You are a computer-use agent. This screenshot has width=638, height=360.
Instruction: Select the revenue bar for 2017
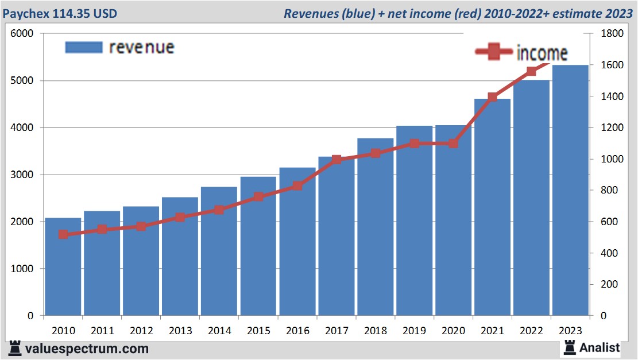(x=336, y=241)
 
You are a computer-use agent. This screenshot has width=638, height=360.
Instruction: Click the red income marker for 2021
(x=492, y=97)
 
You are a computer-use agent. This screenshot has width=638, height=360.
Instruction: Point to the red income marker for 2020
(x=453, y=144)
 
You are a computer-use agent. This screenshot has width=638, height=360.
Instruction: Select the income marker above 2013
(x=180, y=217)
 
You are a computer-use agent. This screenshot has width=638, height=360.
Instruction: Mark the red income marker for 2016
(x=297, y=185)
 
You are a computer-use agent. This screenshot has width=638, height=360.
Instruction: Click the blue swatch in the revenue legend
(x=83, y=47)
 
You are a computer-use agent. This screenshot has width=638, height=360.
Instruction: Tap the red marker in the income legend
(x=493, y=52)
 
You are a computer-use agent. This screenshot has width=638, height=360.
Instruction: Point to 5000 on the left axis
(x=22, y=81)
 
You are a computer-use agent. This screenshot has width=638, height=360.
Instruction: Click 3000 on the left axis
(x=22, y=175)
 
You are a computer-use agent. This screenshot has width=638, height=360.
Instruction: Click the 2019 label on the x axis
(x=414, y=331)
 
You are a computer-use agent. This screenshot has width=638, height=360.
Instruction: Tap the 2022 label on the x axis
(x=531, y=331)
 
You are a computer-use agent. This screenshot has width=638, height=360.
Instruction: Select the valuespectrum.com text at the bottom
(x=87, y=349)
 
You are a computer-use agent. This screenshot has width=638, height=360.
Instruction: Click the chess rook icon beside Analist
(x=570, y=347)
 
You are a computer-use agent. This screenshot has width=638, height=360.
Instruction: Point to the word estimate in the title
(x=575, y=13)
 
